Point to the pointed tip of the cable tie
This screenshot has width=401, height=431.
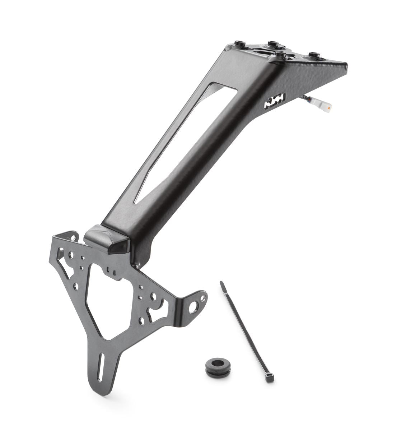[x=222, y=283]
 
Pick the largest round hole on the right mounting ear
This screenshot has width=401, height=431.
[x=194, y=306]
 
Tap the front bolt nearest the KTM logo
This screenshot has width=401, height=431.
[x=280, y=54]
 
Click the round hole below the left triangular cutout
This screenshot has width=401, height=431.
[x=76, y=286]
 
